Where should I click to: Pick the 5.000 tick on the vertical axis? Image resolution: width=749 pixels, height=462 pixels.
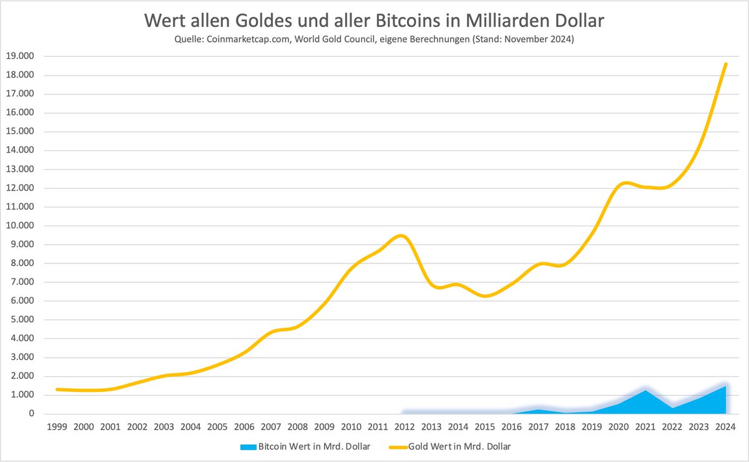(21, 320)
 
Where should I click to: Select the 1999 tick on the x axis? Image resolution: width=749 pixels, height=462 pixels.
(57, 427)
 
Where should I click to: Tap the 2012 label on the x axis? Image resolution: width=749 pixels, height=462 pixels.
(404, 427)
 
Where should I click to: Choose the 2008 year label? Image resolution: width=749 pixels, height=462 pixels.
(298, 427)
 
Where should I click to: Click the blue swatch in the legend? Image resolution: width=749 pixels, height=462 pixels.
(247, 446)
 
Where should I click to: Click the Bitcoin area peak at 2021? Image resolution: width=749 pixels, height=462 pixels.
(645, 390)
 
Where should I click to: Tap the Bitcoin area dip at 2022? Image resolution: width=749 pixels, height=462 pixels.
(672, 408)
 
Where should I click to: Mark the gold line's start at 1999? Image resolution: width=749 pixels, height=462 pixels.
(57, 390)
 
